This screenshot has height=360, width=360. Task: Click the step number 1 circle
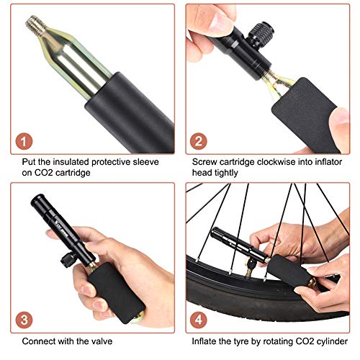click(24, 141)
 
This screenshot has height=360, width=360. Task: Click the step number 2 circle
click(199, 141)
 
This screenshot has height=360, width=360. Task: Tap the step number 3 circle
click(24, 320)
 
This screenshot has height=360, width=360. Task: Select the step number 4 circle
click(199, 320)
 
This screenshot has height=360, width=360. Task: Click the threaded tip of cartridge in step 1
click(36, 24)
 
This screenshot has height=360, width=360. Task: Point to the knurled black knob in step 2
click(261, 33)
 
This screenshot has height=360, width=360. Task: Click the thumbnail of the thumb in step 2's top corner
click(222, 22)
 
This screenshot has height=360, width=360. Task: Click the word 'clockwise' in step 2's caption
click(276, 162)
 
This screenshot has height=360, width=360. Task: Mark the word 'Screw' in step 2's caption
click(204, 162)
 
